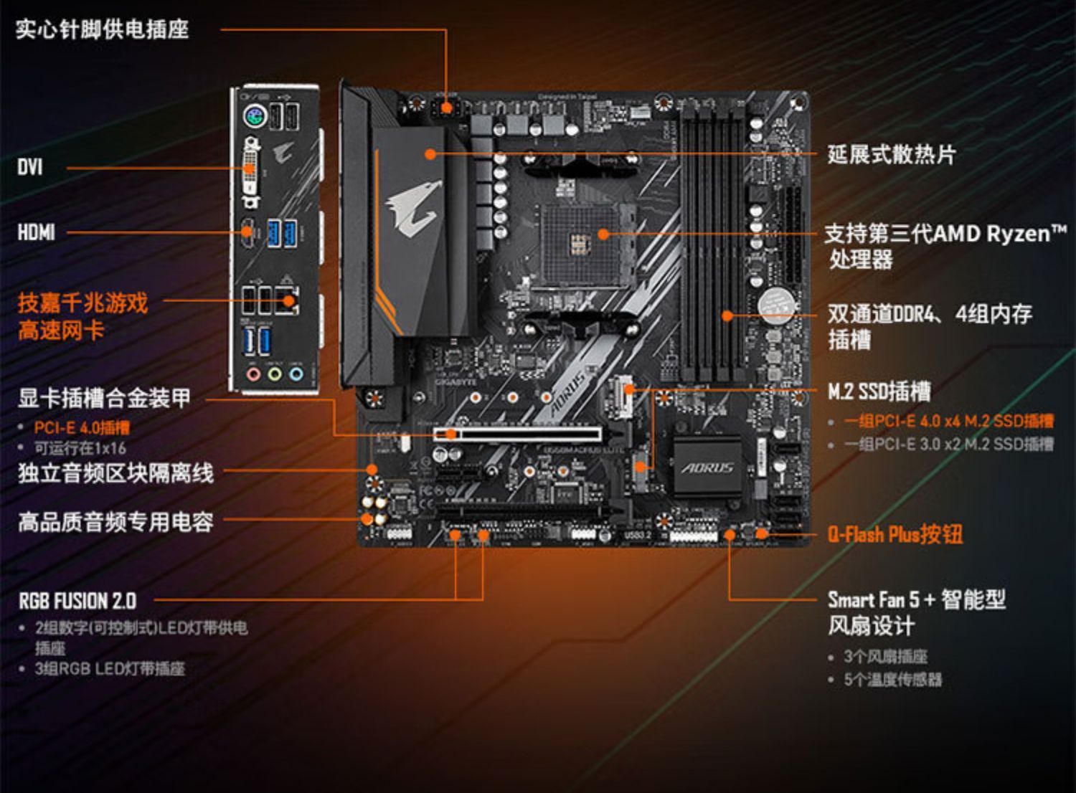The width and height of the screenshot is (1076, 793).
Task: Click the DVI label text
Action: (30, 168)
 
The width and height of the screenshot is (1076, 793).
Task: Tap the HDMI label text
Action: (37, 232)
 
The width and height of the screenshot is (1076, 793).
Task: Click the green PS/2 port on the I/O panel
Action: (254, 116)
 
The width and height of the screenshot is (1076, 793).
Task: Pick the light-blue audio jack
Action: (296, 374)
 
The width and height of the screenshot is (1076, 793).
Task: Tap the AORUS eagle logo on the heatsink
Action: (414, 207)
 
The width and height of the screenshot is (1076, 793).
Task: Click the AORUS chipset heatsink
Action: (707, 467)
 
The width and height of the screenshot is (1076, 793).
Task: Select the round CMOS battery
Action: (775, 304)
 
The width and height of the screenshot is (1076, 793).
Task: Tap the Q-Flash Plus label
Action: (895, 534)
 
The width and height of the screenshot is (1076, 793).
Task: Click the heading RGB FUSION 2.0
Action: (77, 600)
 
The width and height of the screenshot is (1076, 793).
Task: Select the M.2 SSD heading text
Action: (879, 391)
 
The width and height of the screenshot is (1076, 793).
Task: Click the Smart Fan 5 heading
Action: (916, 599)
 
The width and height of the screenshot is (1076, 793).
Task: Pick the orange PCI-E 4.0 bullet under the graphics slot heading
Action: (82, 428)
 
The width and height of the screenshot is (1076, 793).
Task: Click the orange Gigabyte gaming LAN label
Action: (82, 316)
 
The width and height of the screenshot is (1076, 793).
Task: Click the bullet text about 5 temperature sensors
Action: (892, 679)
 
